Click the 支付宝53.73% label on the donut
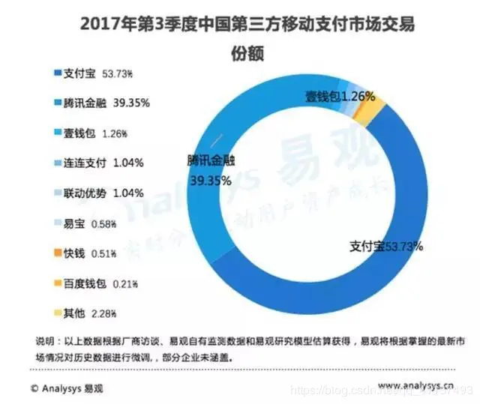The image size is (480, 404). pyautogui.click(x=387, y=246)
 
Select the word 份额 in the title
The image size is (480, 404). pyautogui.click(x=247, y=52)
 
